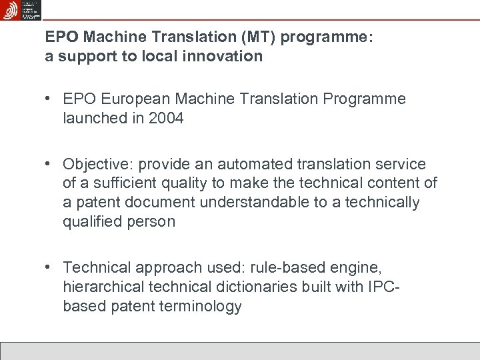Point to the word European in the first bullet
(x=137, y=99)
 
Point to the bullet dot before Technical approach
(x=49, y=268)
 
